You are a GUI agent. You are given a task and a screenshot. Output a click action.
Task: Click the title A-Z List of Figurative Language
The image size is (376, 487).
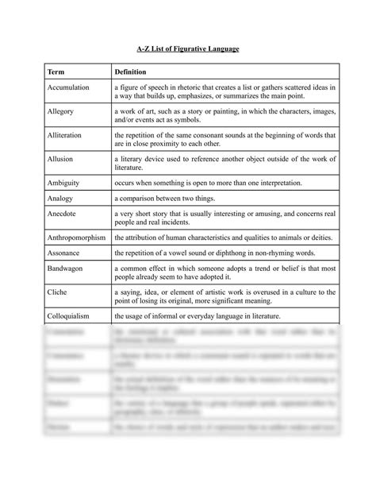(x=187, y=49)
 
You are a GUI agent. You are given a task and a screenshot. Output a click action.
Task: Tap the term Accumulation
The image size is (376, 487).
(x=68, y=87)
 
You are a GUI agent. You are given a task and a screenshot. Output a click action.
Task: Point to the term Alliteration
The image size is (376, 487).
(x=64, y=135)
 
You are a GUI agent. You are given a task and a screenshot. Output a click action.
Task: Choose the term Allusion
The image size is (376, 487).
(x=59, y=159)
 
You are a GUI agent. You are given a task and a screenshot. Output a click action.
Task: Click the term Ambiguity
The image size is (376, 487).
(x=63, y=182)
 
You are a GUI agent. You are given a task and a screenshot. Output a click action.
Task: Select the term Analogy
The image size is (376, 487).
(x=59, y=198)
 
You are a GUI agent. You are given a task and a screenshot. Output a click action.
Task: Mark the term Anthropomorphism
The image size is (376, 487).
(x=77, y=237)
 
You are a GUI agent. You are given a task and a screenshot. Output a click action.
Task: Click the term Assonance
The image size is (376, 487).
(x=63, y=253)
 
